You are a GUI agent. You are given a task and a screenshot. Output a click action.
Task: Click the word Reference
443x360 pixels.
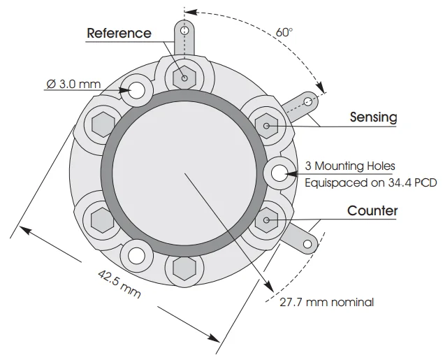pyautogui.click(x=119, y=33)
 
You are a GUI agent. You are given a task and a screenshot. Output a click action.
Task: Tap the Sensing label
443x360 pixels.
pyautogui.click(x=374, y=117)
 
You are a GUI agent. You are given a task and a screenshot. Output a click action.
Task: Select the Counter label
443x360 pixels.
pyautogui.click(x=372, y=211)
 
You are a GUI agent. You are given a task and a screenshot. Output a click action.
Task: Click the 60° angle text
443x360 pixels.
pyautogui.click(x=284, y=32)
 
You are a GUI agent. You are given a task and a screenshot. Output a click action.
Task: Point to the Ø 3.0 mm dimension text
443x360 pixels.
pyautogui.click(x=73, y=84)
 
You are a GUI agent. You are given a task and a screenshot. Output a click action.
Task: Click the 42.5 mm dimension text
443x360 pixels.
pyautogui.click(x=119, y=284)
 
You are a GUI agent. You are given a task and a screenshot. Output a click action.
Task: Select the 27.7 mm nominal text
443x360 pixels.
pyautogui.click(x=326, y=303)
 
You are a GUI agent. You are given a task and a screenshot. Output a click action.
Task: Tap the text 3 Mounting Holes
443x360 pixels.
pyautogui.click(x=350, y=166)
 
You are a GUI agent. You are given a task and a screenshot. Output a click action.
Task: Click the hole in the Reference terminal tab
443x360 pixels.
pyautogui.click(x=184, y=30)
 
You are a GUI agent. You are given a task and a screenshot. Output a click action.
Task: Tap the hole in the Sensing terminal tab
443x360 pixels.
pyautogui.click(x=307, y=101)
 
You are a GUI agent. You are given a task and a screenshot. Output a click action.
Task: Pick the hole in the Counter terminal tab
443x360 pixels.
pyautogui.click(x=307, y=244)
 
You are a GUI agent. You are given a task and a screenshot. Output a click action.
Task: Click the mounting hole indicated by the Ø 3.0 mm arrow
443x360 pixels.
pyautogui.click(x=137, y=90)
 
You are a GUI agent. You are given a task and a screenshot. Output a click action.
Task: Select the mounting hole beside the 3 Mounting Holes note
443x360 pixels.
pyautogui.click(x=279, y=173)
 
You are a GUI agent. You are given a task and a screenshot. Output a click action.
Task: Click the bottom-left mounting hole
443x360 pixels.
pyautogui.click(x=136, y=255)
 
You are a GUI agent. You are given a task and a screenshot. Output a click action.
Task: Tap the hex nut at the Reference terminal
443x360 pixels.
pyautogui.click(x=184, y=78)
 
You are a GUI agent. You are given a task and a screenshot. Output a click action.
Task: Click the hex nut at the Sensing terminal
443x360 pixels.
pyautogui.click(x=266, y=126)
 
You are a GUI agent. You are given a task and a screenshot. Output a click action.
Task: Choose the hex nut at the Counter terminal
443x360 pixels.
pyautogui.click(x=266, y=220)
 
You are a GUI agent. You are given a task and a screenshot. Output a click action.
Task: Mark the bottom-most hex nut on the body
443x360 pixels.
pyautogui.click(x=184, y=268)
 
